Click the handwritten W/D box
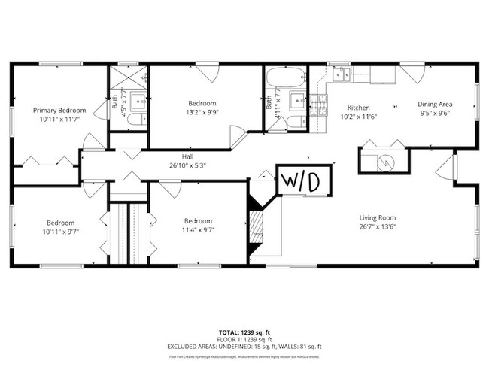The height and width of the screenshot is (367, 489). pyautogui.click(x=300, y=180)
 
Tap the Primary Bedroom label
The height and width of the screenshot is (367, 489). pyautogui.click(x=59, y=110)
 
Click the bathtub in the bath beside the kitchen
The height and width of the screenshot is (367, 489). pyautogui.click(x=285, y=77)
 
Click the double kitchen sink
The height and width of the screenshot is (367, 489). pyautogui.click(x=342, y=74)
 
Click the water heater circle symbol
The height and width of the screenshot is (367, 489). pyautogui.click(x=383, y=161)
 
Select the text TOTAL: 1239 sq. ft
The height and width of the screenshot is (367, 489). pyautogui.click(x=244, y=332)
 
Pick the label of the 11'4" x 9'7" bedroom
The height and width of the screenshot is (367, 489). pyautogui.click(x=199, y=221)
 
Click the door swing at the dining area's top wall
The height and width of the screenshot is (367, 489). pyautogui.click(x=411, y=74)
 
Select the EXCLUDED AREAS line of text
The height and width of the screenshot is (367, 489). pyautogui.click(x=244, y=346)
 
